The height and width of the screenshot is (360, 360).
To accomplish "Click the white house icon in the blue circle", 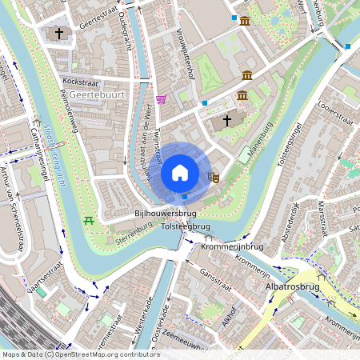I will [x=180, y=173].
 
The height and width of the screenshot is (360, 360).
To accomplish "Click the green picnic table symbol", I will [x=89, y=219].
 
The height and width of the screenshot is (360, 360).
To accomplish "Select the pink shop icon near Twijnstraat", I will [x=161, y=99].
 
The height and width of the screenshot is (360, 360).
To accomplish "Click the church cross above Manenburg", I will [x=226, y=120].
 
